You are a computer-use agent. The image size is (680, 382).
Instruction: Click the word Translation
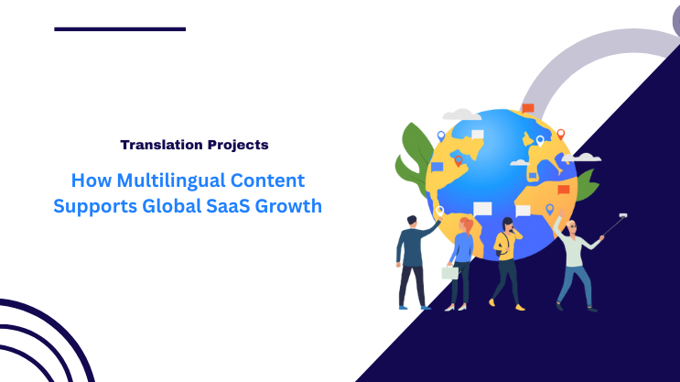pos(157,145)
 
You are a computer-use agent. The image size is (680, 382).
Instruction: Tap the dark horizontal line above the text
pos(119,29)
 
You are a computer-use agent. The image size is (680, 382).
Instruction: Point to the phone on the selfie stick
pos(622,215)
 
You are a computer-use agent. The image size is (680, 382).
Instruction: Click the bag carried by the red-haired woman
pos(449,273)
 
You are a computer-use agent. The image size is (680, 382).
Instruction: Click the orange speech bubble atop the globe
pos(527,109)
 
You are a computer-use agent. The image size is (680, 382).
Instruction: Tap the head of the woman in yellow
pos(507,224)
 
